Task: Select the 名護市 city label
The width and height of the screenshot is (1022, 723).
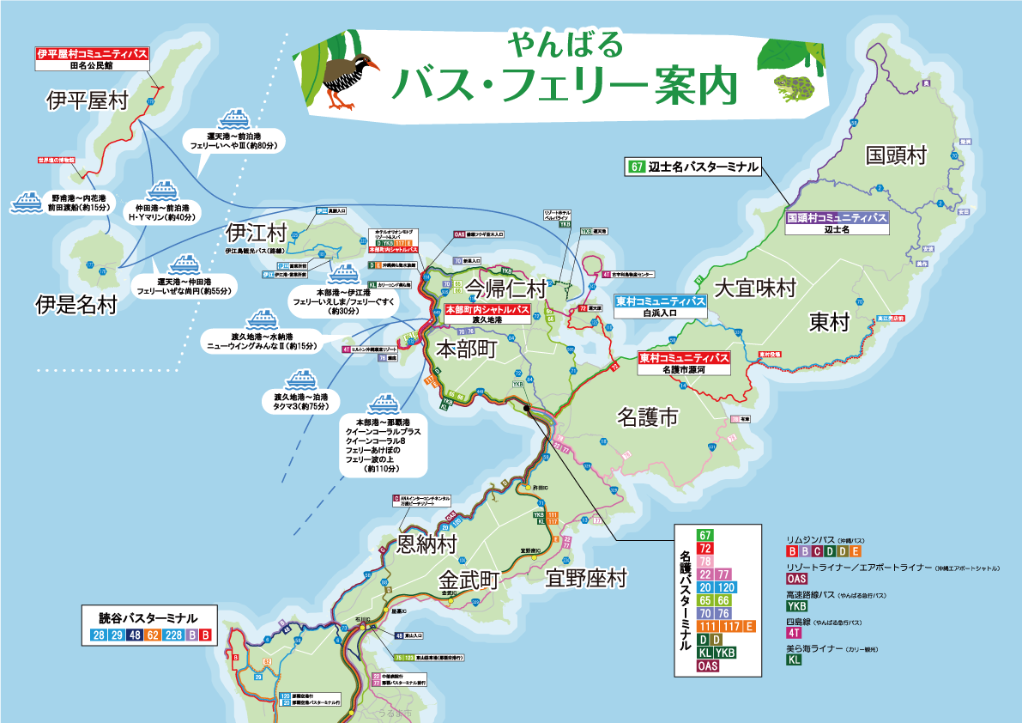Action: point(648,418)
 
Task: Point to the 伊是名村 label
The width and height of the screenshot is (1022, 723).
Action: point(76,304)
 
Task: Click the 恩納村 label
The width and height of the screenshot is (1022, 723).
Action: point(426,544)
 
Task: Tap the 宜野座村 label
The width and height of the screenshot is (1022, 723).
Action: point(587,577)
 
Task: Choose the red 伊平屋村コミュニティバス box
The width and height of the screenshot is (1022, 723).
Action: point(92,53)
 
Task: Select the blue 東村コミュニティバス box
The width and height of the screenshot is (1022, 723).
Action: point(660,302)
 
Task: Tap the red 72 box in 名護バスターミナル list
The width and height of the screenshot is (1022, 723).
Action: point(706,549)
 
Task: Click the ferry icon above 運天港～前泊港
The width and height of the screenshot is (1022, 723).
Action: point(233,118)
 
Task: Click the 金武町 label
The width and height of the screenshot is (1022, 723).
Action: point(468,578)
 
